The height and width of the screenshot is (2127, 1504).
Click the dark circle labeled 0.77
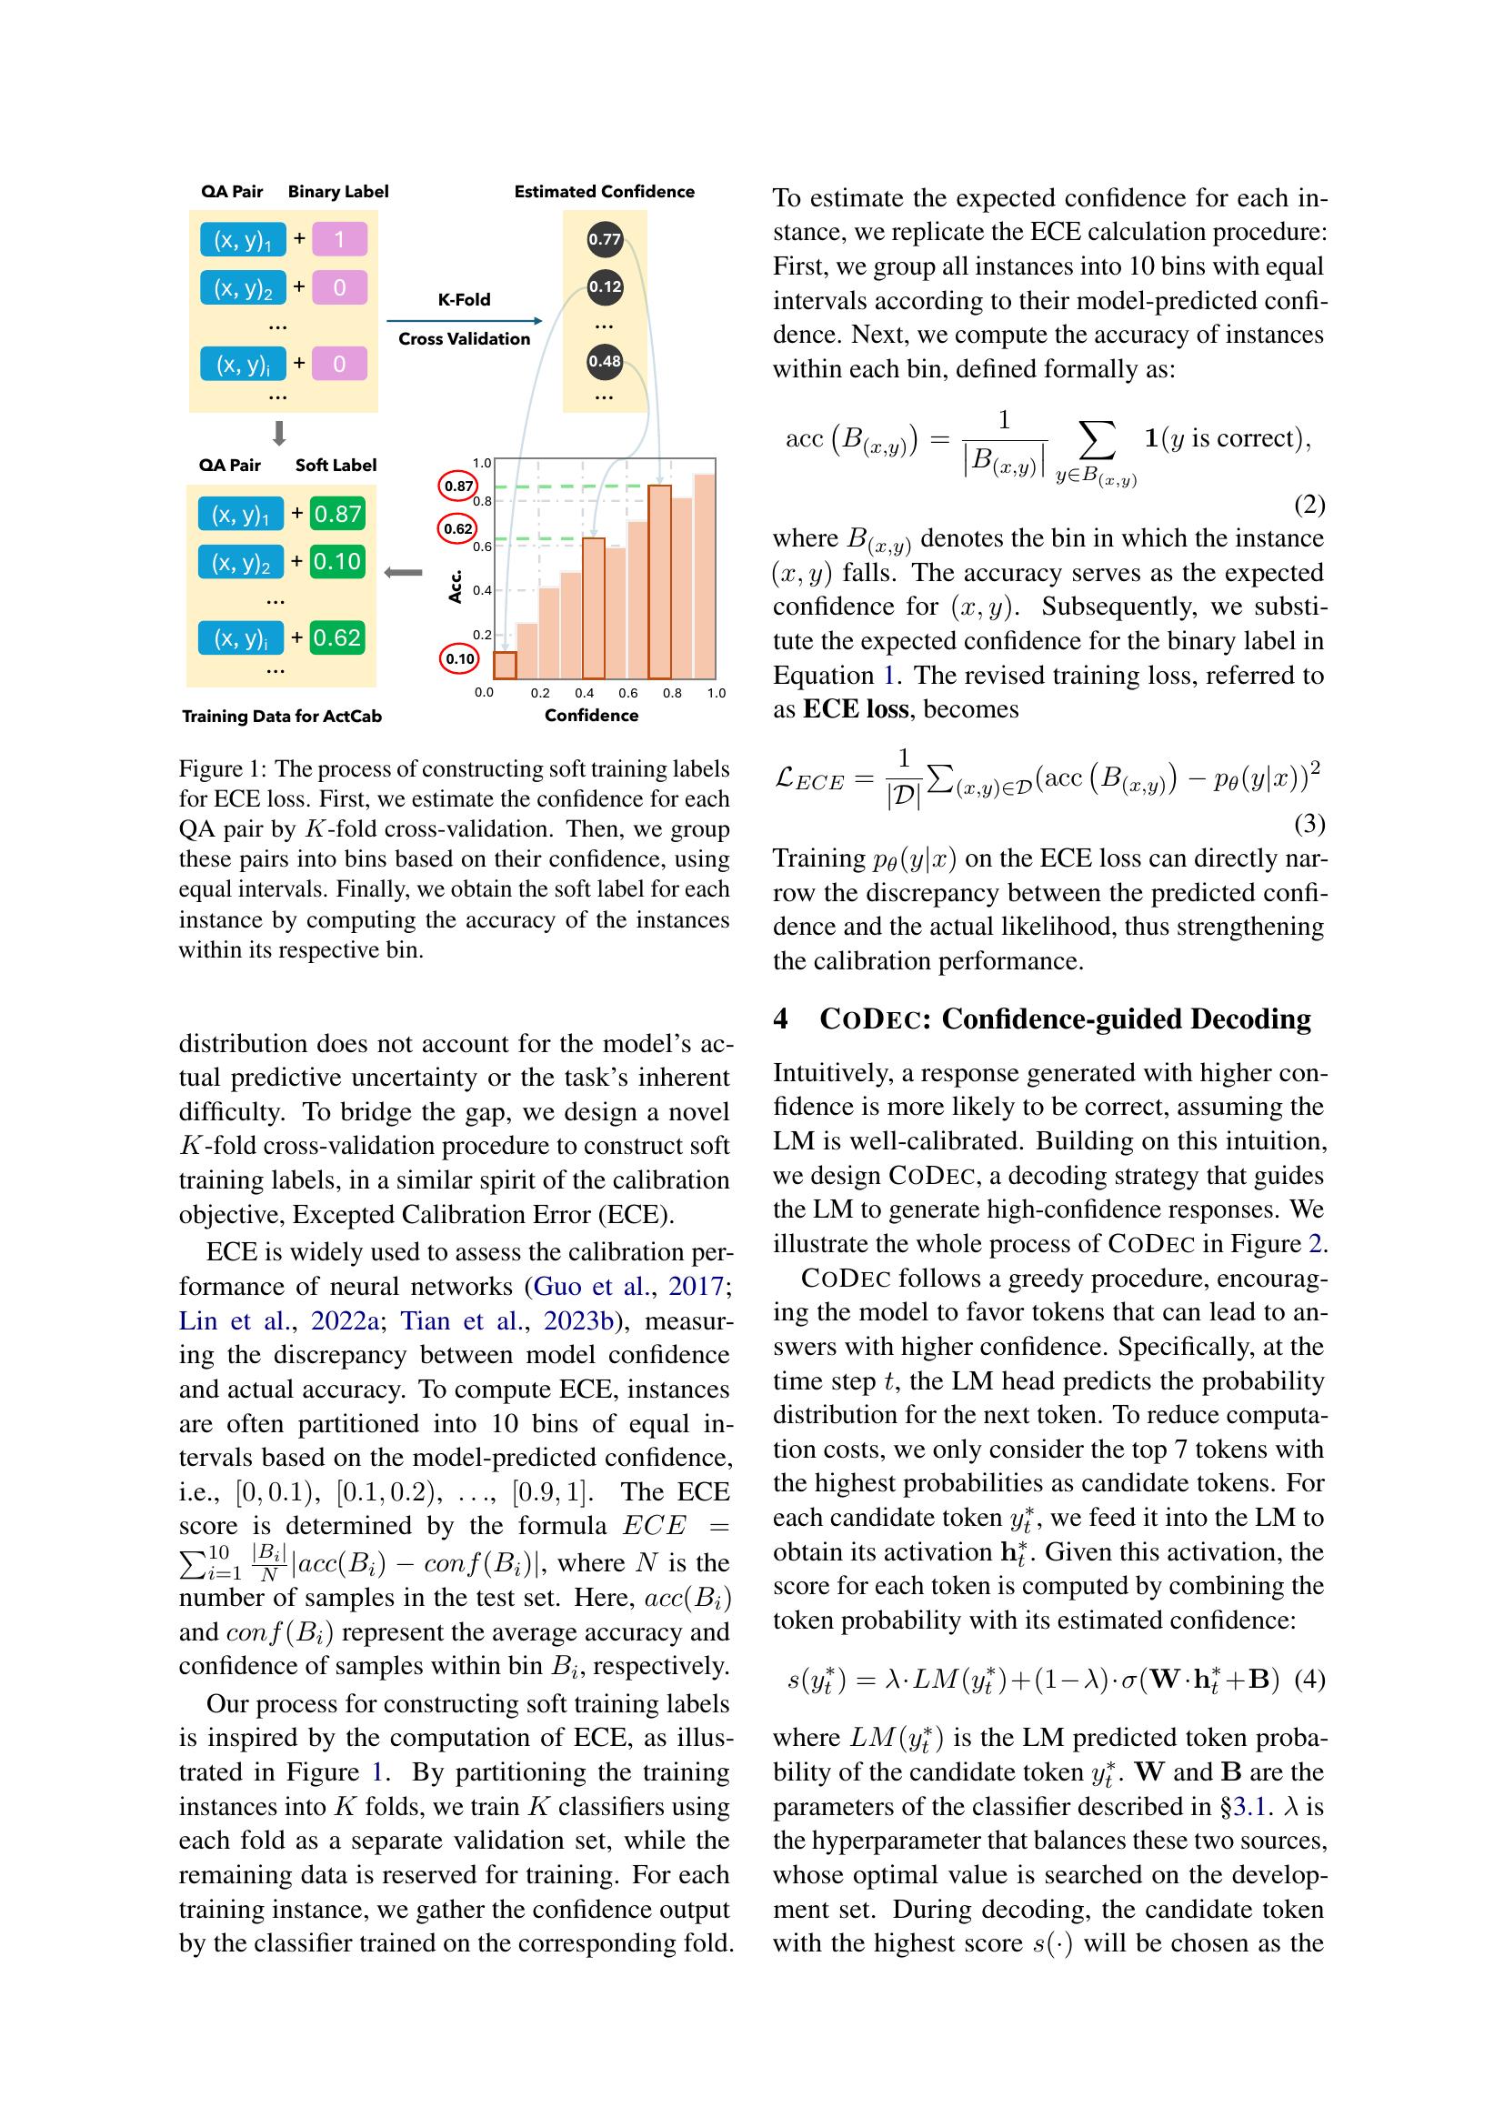pyautogui.click(x=604, y=239)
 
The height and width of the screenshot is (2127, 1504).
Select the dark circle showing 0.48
pyautogui.click(x=604, y=361)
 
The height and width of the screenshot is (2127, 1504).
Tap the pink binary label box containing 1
pyautogui.click(x=339, y=240)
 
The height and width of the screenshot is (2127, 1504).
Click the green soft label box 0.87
pyautogui.click(x=337, y=514)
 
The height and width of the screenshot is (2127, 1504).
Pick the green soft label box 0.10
pyautogui.click(x=337, y=561)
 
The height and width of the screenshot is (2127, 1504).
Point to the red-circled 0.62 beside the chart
pyautogui.click(x=457, y=529)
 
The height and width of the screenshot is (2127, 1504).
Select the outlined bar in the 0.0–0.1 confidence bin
pyautogui.click(x=504, y=665)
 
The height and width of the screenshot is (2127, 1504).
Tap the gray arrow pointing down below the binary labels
pyautogui.click(x=279, y=434)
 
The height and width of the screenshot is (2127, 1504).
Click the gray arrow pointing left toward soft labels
pyautogui.click(x=403, y=574)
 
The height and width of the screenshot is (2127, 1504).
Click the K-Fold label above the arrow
pyautogui.click(x=464, y=299)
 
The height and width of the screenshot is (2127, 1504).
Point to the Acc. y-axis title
pyautogui.click(x=455, y=587)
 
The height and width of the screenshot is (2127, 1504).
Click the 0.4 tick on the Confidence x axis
pyautogui.click(x=584, y=693)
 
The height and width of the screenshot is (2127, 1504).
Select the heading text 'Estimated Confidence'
pyautogui.click(x=604, y=192)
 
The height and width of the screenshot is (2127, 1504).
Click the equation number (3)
pyautogui.click(x=1308, y=823)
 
